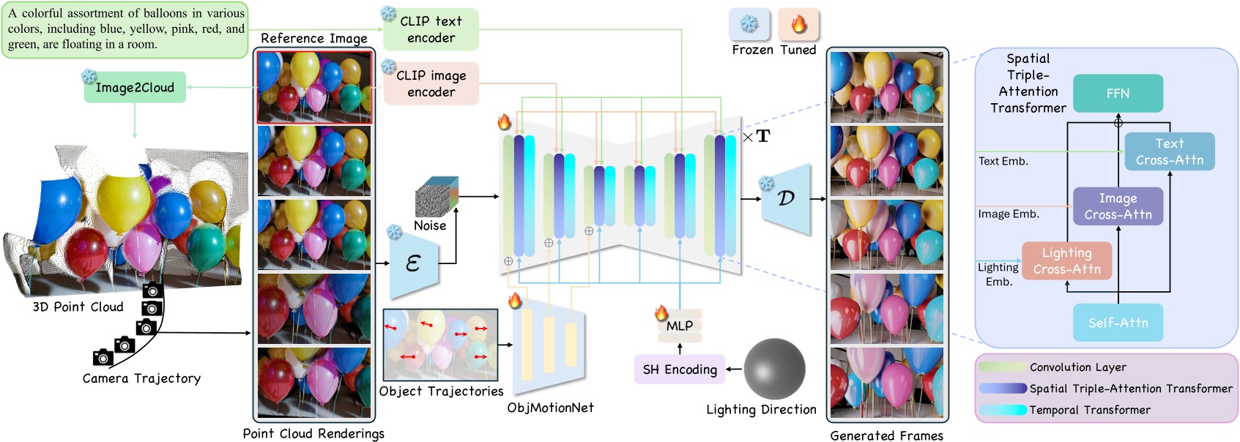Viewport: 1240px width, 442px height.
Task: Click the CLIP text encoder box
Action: point(431,29)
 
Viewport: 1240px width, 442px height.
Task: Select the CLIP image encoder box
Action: point(431,83)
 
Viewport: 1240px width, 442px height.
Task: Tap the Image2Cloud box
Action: point(135,88)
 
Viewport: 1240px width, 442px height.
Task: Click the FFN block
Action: point(1118,94)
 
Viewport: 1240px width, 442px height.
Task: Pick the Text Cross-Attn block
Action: point(1169,151)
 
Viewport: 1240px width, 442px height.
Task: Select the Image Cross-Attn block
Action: point(1118,206)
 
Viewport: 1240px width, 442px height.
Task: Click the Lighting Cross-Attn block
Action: point(1066,261)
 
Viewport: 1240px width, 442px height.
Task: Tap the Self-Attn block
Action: point(1118,323)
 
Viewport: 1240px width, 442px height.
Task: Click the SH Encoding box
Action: point(679,370)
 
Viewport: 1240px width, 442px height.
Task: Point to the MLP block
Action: point(680,326)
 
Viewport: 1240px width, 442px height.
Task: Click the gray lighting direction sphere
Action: point(774,369)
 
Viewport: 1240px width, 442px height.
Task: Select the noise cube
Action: point(437,197)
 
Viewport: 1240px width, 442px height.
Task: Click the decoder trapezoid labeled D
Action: point(787,199)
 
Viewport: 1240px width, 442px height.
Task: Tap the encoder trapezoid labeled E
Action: point(414,263)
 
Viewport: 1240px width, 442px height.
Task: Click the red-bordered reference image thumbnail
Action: point(314,87)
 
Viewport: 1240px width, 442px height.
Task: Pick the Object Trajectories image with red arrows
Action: point(440,345)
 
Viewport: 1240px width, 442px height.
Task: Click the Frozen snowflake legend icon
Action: point(749,24)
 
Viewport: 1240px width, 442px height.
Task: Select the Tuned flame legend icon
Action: point(798,24)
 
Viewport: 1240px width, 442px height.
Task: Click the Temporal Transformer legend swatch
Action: point(1003,410)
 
